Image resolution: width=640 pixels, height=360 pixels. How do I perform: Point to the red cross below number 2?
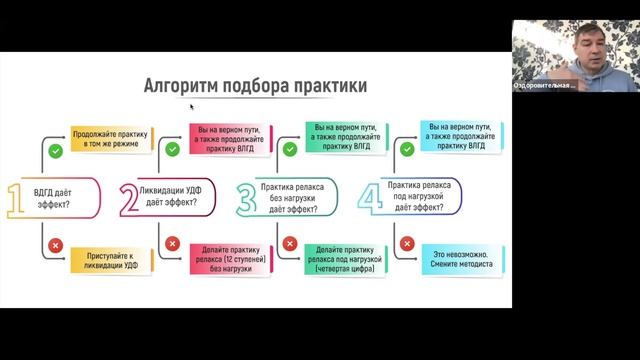[171, 243]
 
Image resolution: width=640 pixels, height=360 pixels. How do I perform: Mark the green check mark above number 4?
[407, 149]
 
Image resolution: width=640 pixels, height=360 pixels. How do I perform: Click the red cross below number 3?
[290, 243]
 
